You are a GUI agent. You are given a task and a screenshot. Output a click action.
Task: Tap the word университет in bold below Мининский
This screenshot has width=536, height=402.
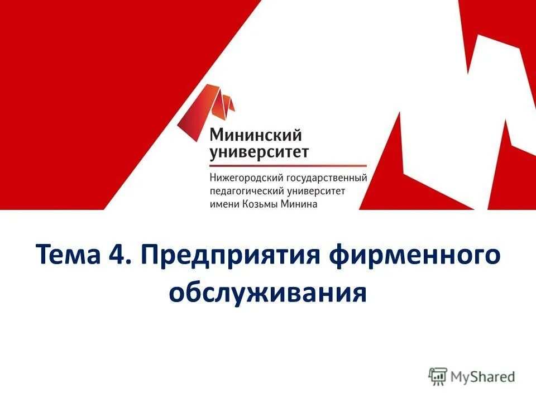[259, 152]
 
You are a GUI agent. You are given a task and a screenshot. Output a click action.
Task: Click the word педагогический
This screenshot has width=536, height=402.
[242, 192]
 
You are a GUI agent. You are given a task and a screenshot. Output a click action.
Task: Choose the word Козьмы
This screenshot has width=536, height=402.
[262, 204]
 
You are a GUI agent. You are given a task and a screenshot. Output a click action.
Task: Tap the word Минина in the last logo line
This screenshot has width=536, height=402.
[301, 204]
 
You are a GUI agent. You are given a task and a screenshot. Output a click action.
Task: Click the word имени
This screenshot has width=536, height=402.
[224, 204]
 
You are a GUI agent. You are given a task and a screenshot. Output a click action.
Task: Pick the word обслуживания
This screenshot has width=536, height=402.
[268, 293]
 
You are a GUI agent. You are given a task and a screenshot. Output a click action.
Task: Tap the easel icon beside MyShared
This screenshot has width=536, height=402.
[438, 376]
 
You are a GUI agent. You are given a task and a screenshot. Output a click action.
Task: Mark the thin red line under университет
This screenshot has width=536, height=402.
[288, 166]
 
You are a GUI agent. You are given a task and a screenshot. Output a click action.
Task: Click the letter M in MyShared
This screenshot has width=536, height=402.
[458, 376]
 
